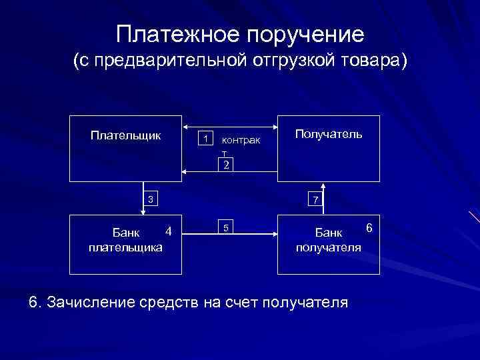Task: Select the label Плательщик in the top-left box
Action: click(125, 135)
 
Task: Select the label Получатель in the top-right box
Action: click(329, 134)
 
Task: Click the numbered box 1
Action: click(207, 138)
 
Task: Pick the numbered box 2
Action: click(226, 165)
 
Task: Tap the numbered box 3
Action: click(151, 199)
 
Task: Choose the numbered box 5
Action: click(226, 228)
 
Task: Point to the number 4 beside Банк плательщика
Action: click(169, 231)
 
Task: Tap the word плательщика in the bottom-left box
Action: click(125, 247)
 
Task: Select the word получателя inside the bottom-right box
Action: click(328, 247)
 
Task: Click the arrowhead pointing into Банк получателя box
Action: click(274, 233)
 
